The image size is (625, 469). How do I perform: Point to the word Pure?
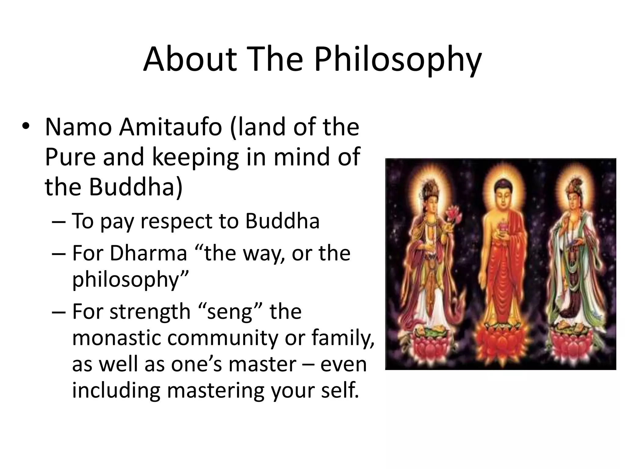pos(70,156)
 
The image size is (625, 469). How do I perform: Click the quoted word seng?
pos(229,312)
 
